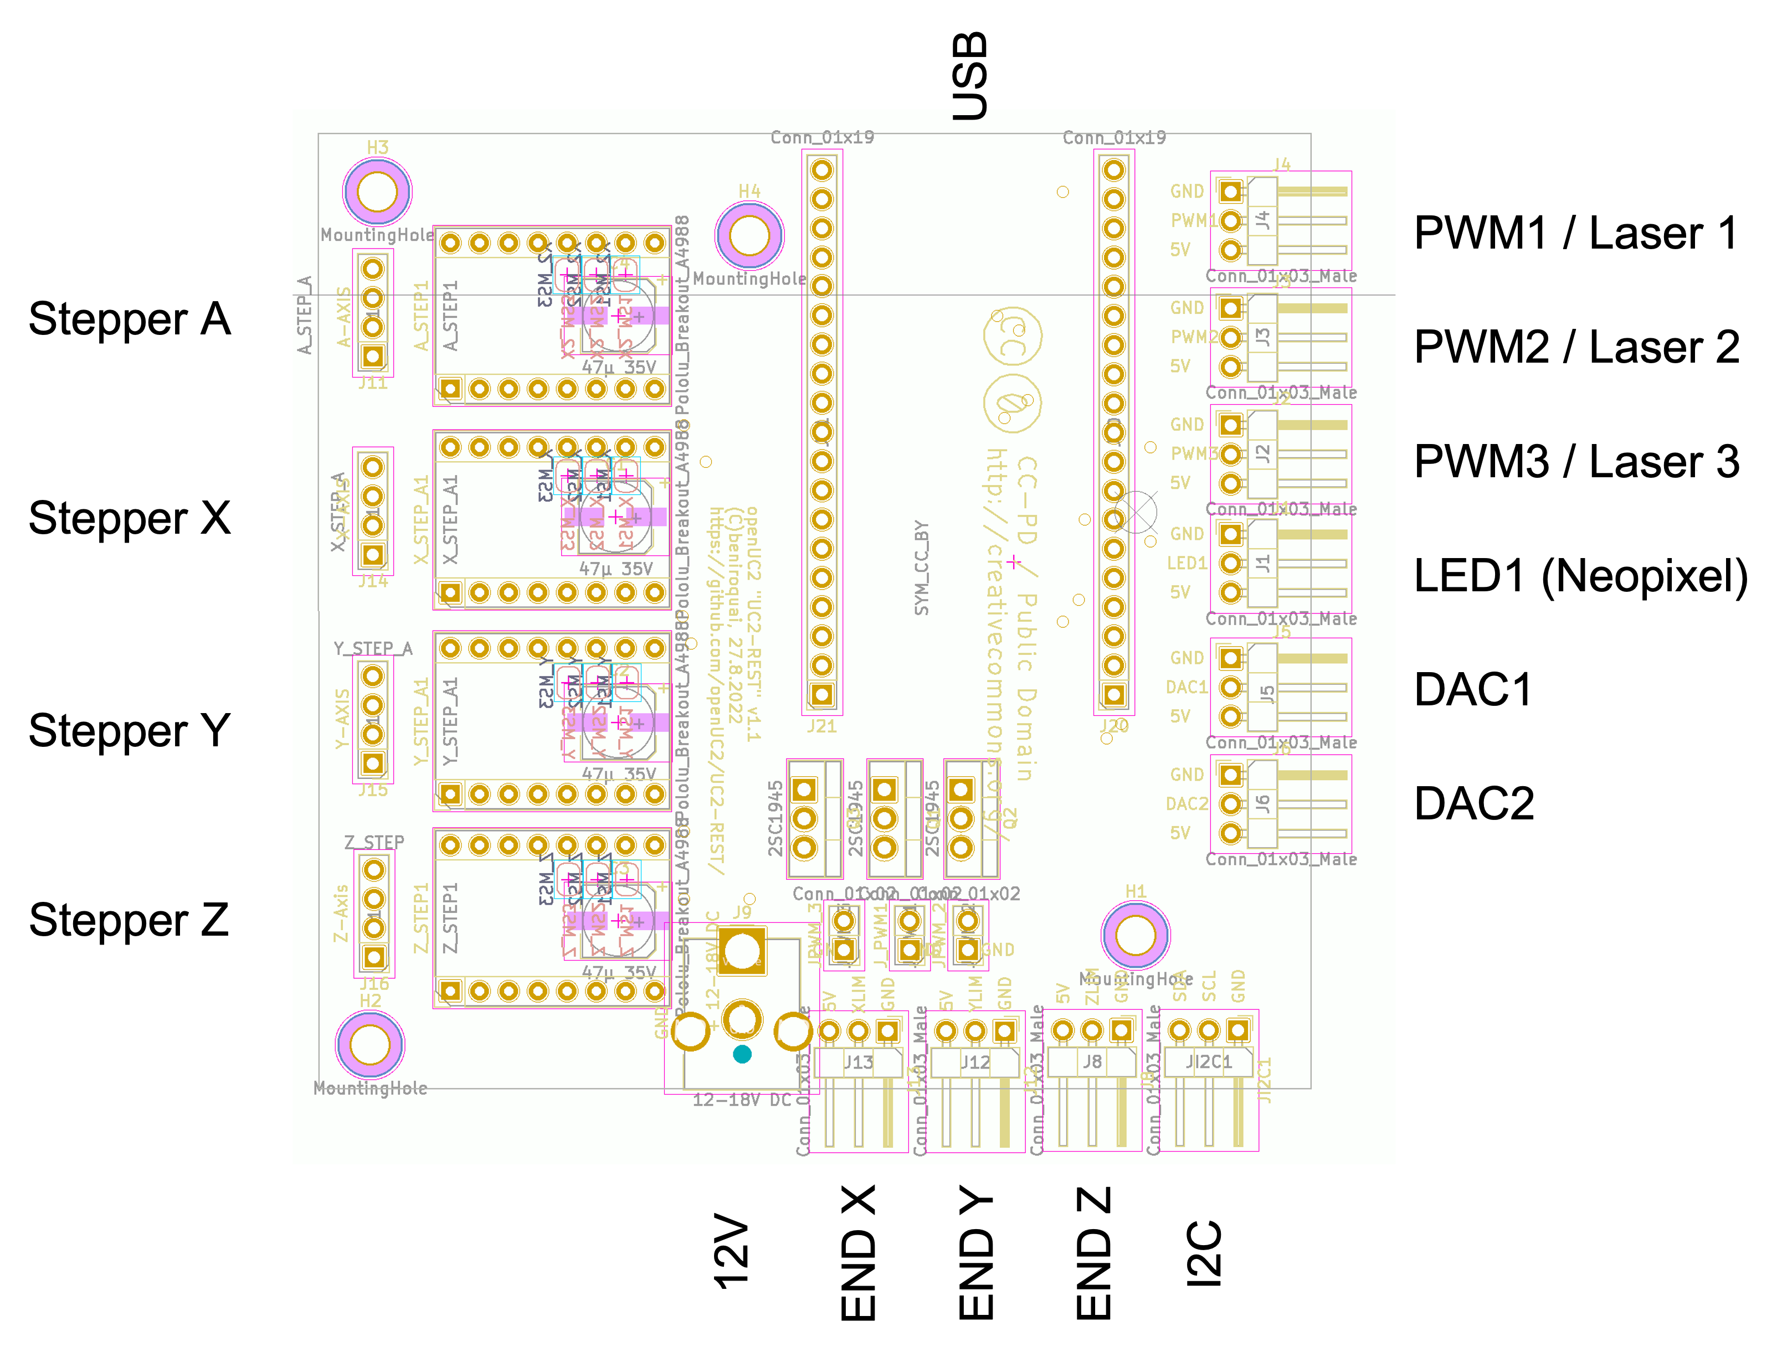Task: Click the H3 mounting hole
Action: pyautogui.click(x=377, y=192)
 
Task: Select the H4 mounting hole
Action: pyautogui.click(x=749, y=236)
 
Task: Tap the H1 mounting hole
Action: pyautogui.click(x=1136, y=935)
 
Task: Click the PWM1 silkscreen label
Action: pyautogui.click(x=1193, y=220)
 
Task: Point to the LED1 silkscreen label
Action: pyautogui.click(x=1187, y=564)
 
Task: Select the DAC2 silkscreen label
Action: pyautogui.click(x=1187, y=804)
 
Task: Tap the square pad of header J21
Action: pyautogui.click(x=821, y=694)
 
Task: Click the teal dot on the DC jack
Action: pyautogui.click(x=742, y=1054)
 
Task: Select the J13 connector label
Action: pyautogui.click(x=858, y=1062)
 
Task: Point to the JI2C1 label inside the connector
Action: pyautogui.click(x=1209, y=1062)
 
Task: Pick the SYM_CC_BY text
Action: pyautogui.click(x=922, y=568)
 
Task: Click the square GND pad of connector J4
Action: pyautogui.click(x=1230, y=192)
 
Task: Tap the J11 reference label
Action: pyautogui.click(x=373, y=384)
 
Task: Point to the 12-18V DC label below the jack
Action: pyautogui.click(x=742, y=1100)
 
